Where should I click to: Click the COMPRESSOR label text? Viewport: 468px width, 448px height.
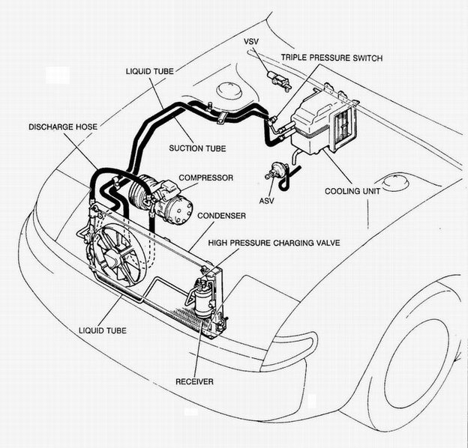205,178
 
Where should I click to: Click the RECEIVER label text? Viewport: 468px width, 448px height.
194,381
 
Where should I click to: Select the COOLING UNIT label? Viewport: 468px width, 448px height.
352,191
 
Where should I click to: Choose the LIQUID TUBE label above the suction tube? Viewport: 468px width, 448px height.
149,70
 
